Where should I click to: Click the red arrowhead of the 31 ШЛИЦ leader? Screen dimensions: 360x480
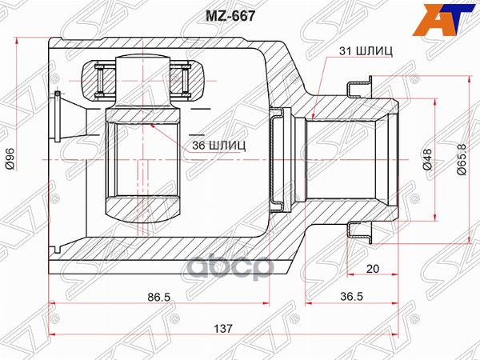coord(315,117)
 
